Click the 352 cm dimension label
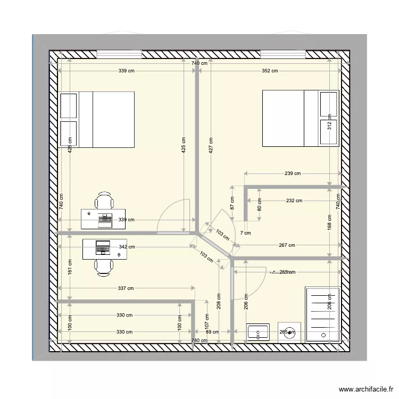(x=270, y=71)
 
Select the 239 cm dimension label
(x=293, y=173)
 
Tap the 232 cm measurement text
(x=294, y=201)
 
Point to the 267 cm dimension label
(x=287, y=245)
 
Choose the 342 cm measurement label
(x=126, y=247)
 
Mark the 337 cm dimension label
(x=126, y=288)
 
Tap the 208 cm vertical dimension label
(x=219, y=302)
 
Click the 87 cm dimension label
(x=232, y=203)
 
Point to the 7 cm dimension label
(x=245, y=233)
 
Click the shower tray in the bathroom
(x=322, y=314)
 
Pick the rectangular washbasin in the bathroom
(x=258, y=332)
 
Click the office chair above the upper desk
(x=104, y=201)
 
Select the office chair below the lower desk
(x=104, y=267)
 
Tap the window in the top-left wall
(x=119, y=54)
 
